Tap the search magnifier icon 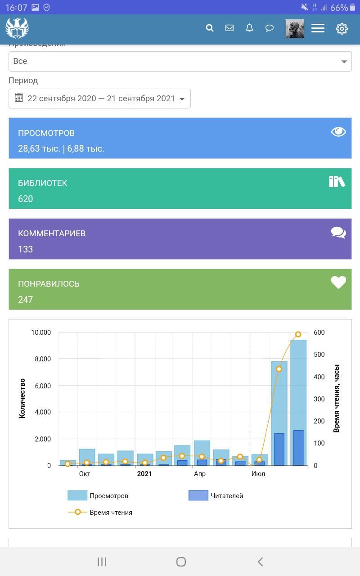pyautogui.click(x=210, y=28)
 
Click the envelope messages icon pyautogui.click(x=229, y=28)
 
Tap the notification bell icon pyautogui.click(x=249, y=28)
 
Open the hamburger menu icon pyautogui.click(x=318, y=28)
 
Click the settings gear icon pyautogui.click(x=342, y=28)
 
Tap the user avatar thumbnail pyautogui.click(x=294, y=28)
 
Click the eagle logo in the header pyautogui.click(x=17, y=28)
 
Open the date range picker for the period pyautogui.click(x=99, y=99)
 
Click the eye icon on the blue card pyautogui.click(x=338, y=131)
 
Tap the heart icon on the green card pyautogui.click(x=338, y=282)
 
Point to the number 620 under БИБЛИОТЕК pyautogui.click(x=25, y=199)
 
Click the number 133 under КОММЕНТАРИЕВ pyautogui.click(x=25, y=249)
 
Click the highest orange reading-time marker pyautogui.click(x=298, y=334)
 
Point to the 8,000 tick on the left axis pyautogui.click(x=41, y=359)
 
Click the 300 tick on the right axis pyautogui.click(x=319, y=399)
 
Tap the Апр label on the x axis pyautogui.click(x=200, y=474)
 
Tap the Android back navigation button pyautogui.click(x=260, y=562)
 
